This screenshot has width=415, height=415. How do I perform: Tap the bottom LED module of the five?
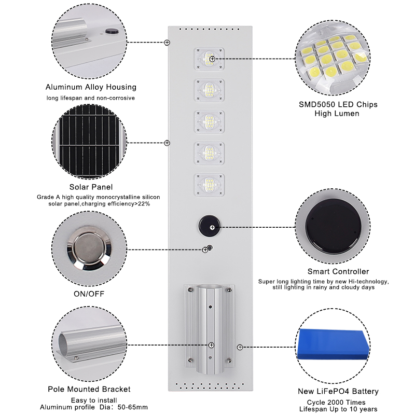coord(210,184)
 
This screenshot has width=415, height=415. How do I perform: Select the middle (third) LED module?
coord(210,121)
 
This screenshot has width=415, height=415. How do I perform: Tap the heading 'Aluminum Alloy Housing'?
coord(91,87)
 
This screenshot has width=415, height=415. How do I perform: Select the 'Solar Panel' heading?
coord(91,187)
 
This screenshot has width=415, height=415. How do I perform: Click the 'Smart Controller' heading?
coord(338,271)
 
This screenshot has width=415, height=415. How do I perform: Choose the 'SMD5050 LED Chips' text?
coord(338,104)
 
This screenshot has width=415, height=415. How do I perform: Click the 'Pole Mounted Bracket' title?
coord(89,389)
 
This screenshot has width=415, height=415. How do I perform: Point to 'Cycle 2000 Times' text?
coord(338,403)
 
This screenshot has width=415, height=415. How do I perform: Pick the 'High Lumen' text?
coord(338,113)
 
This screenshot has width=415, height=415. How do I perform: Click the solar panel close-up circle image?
coord(89,141)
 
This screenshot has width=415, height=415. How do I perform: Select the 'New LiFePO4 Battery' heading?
coord(338,391)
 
